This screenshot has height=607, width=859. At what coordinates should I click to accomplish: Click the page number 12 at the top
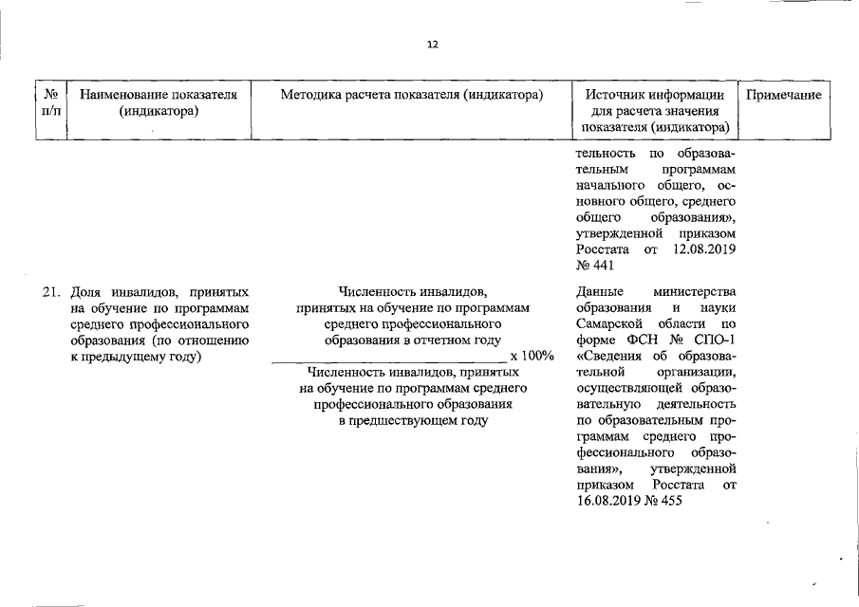pyautogui.click(x=432, y=45)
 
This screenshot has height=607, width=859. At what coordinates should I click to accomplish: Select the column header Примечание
pyautogui.click(x=783, y=95)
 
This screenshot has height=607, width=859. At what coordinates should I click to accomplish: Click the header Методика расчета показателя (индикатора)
pyautogui.click(x=412, y=95)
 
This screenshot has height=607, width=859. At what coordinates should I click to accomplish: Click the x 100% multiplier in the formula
pyautogui.click(x=532, y=355)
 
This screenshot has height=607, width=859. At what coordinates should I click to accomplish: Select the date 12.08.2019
pyautogui.click(x=703, y=249)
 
